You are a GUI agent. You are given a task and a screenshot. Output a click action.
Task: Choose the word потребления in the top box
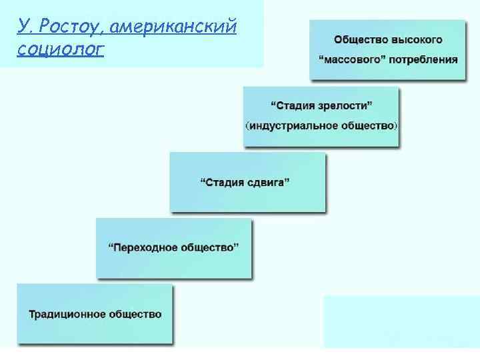pyautogui.click(x=425, y=59)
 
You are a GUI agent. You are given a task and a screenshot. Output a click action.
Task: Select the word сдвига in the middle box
pyautogui.click(x=270, y=181)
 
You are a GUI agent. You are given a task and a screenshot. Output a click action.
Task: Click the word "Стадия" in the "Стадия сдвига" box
pyautogui.click(x=225, y=181)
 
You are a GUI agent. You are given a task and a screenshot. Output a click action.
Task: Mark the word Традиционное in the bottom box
pyautogui.click(x=63, y=313)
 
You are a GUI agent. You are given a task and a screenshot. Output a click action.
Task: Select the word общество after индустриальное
pyautogui.click(x=366, y=125)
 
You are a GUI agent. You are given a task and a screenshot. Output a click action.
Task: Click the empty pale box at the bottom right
pyautogui.click(x=400, y=321)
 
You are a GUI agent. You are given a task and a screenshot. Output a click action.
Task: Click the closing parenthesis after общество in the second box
pyautogui.click(x=397, y=125)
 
